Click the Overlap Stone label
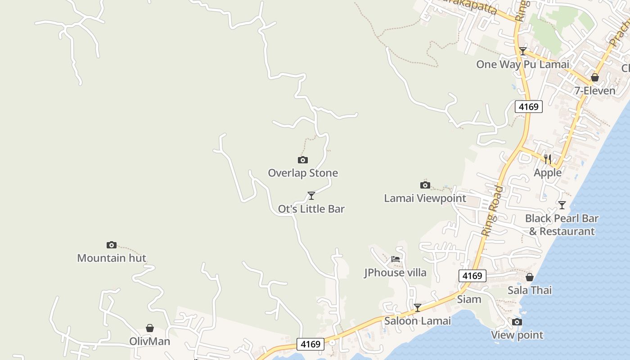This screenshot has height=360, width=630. click(303, 173)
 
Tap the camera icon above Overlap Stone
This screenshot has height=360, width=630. click(303, 160)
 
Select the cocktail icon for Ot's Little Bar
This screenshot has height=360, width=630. click(311, 195)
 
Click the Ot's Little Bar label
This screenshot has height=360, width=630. click(311, 209)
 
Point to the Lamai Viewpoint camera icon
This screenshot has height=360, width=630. click(425, 185)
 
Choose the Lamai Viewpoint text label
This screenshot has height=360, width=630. click(425, 198)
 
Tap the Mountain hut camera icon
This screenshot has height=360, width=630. click(112, 245)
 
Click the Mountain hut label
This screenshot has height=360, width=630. click(112, 258)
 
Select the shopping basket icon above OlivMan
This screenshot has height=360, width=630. click(150, 328)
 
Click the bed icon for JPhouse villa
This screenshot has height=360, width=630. click(396, 259)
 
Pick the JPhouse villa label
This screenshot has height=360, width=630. click(395, 272)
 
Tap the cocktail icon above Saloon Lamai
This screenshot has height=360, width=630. click(418, 307)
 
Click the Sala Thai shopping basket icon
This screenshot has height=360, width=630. click(530, 277)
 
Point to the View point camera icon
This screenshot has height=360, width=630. click(517, 322)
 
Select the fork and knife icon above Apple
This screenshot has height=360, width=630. click(548, 159)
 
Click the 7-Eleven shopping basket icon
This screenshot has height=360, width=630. click(595, 77)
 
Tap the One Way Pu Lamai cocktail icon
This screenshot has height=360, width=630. click(522, 51)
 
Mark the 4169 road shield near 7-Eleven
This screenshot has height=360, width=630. click(528, 107)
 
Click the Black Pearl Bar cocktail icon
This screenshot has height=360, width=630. click(562, 205)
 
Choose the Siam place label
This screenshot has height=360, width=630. click(469, 299)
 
